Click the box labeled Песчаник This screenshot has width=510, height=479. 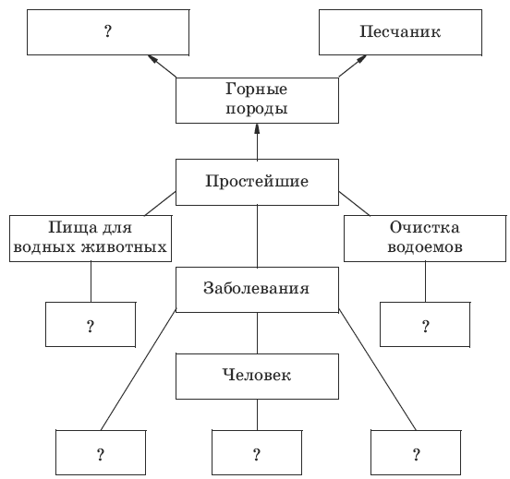400,32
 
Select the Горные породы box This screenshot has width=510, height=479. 257,101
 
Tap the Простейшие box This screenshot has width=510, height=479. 257,182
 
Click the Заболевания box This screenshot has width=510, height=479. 257,290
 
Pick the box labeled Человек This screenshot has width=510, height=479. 257,377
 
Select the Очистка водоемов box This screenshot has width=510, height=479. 425,238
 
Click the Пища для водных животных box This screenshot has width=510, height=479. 91,238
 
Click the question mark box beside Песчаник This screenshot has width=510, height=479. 108,32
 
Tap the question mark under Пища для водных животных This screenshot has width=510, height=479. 91,324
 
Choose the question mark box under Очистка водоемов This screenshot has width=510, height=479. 425,324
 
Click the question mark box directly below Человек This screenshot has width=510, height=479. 257,452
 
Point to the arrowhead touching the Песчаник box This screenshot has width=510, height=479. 361,59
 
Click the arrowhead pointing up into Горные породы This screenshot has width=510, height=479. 257,128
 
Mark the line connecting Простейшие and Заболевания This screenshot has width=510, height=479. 257,236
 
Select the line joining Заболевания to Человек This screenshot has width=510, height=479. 257,333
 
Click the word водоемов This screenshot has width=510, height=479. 425,247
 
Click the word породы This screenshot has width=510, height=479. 257,110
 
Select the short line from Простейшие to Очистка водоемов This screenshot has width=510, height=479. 354,203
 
